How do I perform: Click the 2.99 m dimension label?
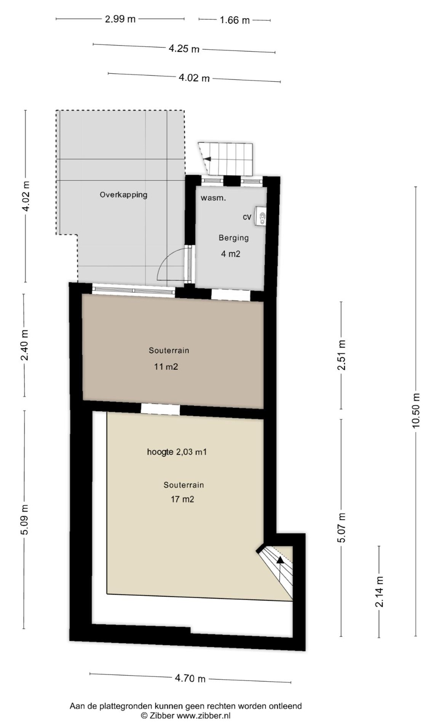(x=120, y=19)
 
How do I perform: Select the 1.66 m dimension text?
(x=235, y=20)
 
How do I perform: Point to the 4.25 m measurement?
(x=184, y=49)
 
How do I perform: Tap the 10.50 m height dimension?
(x=416, y=411)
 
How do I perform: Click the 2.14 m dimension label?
(x=379, y=591)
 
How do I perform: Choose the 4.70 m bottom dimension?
(x=190, y=678)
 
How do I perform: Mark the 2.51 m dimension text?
(x=341, y=355)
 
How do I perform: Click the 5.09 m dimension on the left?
(x=24, y=520)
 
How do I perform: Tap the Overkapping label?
(x=123, y=195)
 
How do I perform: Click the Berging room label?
(x=234, y=238)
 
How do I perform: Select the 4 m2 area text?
(x=231, y=254)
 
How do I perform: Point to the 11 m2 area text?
(x=166, y=366)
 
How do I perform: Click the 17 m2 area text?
(x=182, y=499)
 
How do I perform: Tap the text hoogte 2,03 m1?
(x=177, y=452)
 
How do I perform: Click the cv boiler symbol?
(x=261, y=217)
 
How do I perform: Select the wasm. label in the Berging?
(x=213, y=198)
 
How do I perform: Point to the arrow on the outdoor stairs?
(x=207, y=159)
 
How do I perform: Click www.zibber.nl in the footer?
(x=204, y=716)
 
